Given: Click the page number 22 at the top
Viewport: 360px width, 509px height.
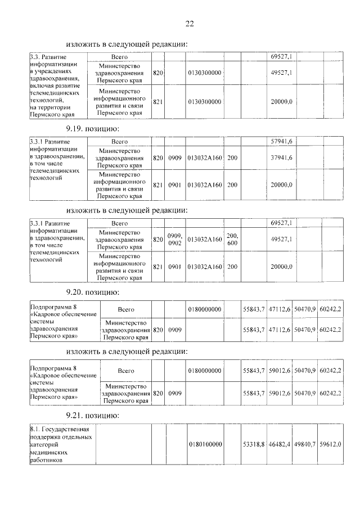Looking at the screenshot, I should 189,23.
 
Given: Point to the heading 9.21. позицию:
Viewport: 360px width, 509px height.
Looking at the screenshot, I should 92,415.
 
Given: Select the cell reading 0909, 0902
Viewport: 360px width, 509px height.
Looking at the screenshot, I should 174,239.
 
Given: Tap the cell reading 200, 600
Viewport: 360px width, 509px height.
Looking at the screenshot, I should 232,239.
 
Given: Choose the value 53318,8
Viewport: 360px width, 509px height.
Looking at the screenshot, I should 254,444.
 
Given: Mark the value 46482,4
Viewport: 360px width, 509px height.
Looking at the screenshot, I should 280,444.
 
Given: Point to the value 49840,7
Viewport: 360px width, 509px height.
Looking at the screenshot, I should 305,444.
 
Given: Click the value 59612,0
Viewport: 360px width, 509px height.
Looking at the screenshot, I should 331,444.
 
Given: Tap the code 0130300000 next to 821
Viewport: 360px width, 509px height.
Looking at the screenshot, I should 205,102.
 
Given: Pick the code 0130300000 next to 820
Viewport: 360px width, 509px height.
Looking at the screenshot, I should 205,73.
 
